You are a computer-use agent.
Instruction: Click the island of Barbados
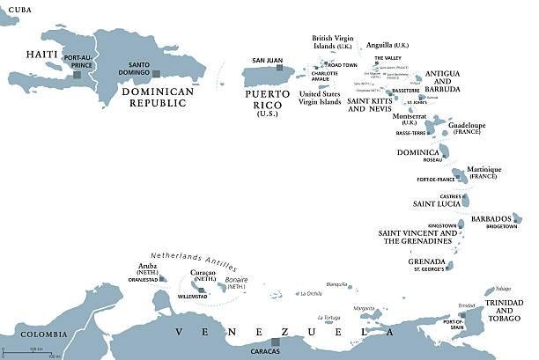tap(517, 217)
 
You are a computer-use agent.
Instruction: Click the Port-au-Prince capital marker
tap(78, 75)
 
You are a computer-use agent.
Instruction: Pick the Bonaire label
tap(236, 279)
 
